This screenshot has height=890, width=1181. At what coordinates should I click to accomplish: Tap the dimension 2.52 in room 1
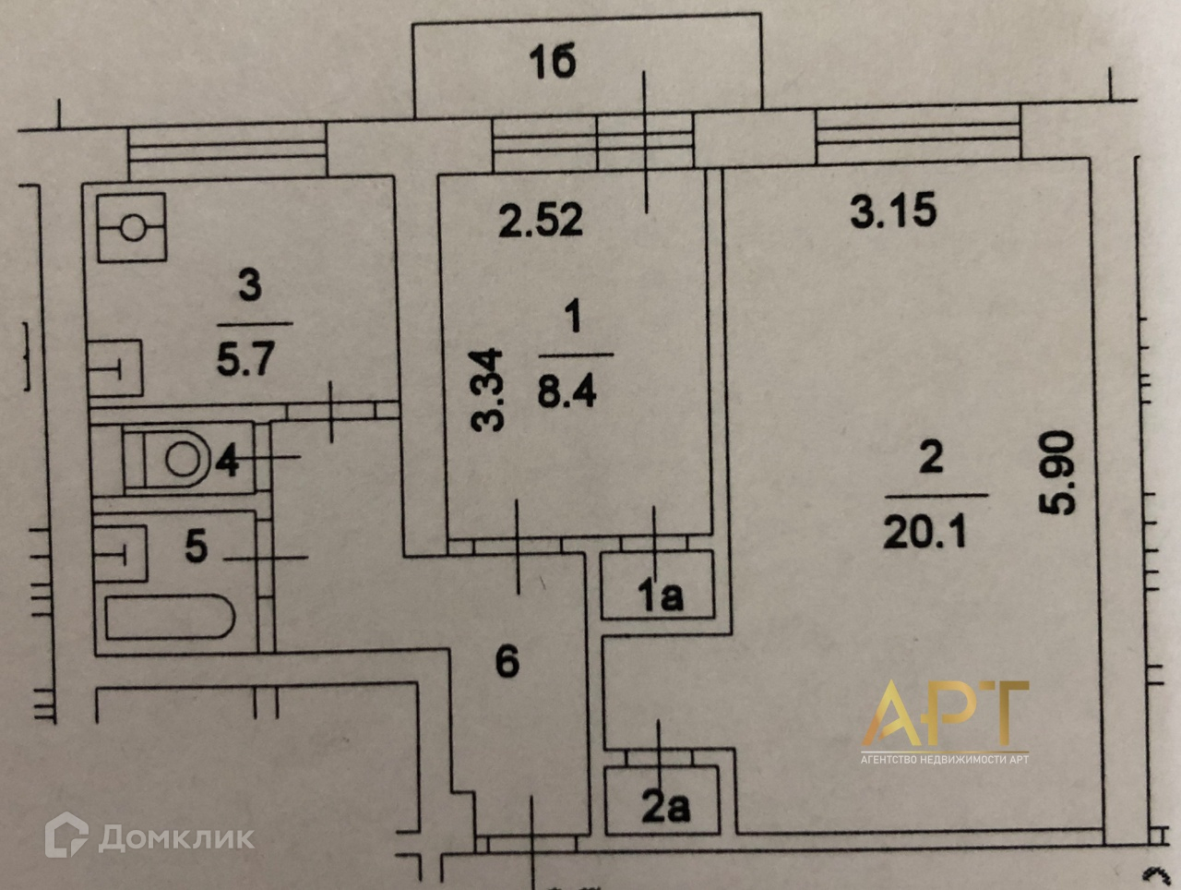point(541,221)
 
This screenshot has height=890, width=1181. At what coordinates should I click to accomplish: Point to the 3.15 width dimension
point(893,210)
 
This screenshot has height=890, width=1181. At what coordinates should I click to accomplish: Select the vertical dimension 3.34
point(487,390)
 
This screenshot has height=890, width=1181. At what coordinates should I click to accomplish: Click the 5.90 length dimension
point(1056,473)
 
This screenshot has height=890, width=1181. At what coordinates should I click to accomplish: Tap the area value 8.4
point(567,391)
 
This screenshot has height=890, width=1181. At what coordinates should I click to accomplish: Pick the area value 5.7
point(245,357)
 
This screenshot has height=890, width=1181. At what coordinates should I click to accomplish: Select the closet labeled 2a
point(665,808)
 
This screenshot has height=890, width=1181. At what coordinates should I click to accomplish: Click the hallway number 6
point(507,661)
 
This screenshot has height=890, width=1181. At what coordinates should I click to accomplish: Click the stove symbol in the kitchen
point(131,227)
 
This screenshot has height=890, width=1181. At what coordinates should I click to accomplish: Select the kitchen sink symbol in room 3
point(116,368)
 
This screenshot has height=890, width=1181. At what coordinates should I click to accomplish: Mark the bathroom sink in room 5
point(120,552)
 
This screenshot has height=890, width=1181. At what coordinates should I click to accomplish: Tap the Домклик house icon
point(66,836)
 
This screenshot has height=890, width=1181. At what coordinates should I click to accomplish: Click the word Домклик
point(176,837)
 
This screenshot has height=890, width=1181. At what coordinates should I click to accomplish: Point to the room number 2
point(931,457)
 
